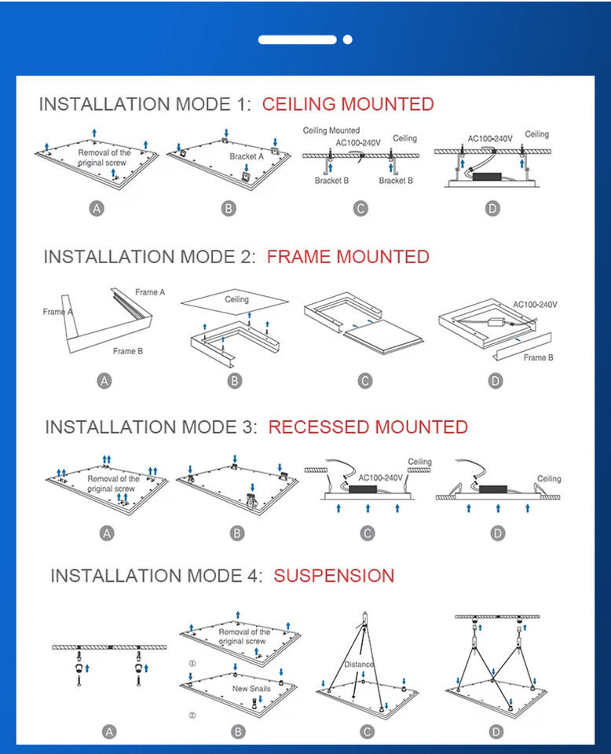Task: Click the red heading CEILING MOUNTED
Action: pos(348,104)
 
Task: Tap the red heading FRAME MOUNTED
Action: pos(348,257)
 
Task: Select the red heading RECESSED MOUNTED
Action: pos(368,427)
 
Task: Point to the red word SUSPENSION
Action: pos(334,576)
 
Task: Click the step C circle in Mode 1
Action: pos(360,209)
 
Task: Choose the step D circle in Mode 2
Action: pos(496,381)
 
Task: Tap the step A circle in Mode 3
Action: pos(108,533)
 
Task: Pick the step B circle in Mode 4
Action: pos(238,732)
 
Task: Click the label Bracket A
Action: pos(247,156)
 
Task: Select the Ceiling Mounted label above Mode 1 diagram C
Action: pos(331,130)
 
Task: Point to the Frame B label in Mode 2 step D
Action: pos(538,357)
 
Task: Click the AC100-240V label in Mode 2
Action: pos(536,304)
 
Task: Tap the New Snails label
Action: pos(251,689)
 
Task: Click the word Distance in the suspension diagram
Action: pos(359,664)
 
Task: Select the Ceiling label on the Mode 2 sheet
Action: pos(236,299)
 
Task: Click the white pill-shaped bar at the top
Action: pos(297,39)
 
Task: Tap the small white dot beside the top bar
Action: pos(348,39)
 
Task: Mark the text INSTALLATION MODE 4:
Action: pos(155,576)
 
